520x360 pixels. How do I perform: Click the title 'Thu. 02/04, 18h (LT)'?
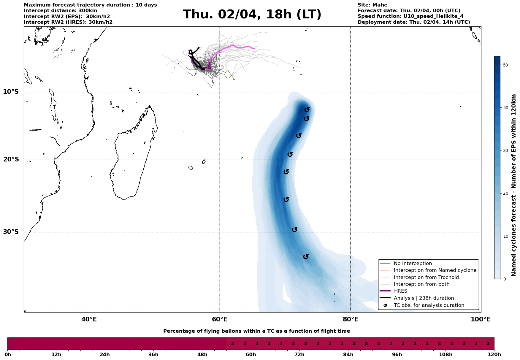(252, 15)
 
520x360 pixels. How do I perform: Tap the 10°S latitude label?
(11, 92)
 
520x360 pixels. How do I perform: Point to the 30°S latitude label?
(11, 232)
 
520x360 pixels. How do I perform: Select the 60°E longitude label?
(220, 319)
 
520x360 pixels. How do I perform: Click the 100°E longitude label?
(481, 319)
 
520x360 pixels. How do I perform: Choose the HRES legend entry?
(400, 291)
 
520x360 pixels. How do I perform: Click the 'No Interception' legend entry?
(413, 264)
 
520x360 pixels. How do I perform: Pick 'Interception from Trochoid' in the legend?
(426, 277)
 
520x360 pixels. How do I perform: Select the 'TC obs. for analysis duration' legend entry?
(429, 305)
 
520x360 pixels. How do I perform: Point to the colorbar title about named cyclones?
(514, 185)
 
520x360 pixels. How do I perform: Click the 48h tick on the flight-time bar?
(202, 355)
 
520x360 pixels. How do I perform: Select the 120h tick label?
(494, 355)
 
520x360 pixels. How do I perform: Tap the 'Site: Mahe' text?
(372, 5)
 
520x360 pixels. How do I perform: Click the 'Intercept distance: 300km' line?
(60, 11)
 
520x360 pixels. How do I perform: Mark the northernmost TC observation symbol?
(307, 110)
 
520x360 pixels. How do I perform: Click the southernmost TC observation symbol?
(306, 256)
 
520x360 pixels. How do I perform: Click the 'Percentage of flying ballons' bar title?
(256, 331)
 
